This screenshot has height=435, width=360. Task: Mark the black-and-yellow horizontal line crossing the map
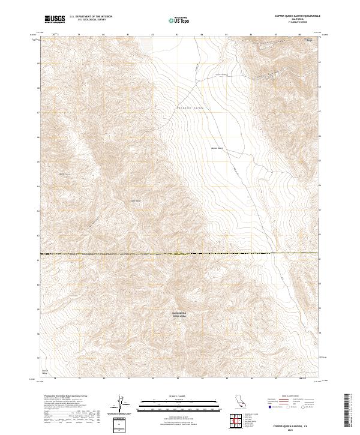click(x=180, y=254)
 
